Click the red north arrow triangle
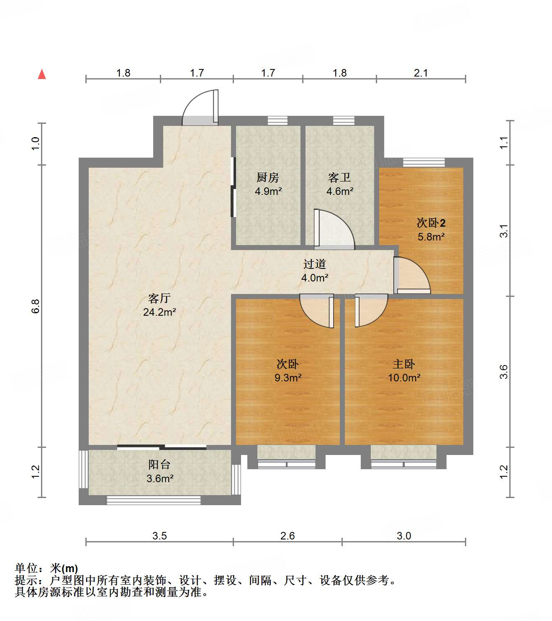(x=42, y=74)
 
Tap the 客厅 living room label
(x=159, y=298)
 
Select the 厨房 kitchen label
(x=268, y=178)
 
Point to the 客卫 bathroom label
(x=339, y=178)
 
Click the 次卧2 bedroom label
(x=431, y=223)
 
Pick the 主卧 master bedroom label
(x=404, y=364)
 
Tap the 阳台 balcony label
(x=159, y=465)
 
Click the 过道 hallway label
(x=314, y=264)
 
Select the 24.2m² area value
(x=159, y=312)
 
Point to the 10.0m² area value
(x=404, y=378)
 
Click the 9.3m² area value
(x=288, y=378)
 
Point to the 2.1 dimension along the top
(x=421, y=73)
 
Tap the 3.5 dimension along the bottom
(x=159, y=536)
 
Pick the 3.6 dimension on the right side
(x=504, y=371)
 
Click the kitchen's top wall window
(x=277, y=120)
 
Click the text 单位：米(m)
(x=46, y=568)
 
